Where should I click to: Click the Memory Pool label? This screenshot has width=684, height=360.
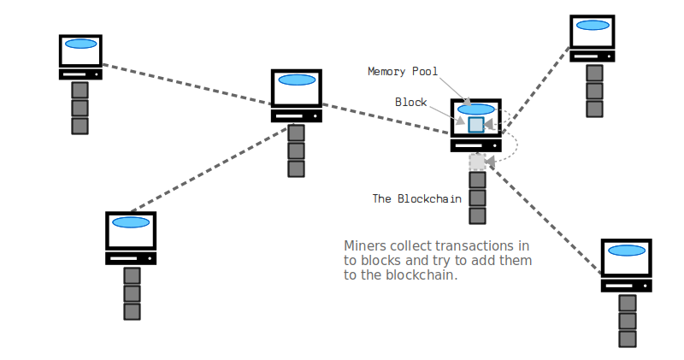point(402,71)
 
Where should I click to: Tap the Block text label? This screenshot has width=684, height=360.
point(410,102)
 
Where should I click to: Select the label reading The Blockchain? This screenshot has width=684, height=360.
point(416,198)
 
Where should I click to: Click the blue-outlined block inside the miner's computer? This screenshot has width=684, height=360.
point(476,124)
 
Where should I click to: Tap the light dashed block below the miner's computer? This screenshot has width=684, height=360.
point(477,161)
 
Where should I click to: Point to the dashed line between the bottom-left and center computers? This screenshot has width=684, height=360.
point(210,168)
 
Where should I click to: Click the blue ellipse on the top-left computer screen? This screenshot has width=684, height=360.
point(80,44)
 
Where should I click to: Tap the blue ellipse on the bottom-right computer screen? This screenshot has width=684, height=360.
point(626,251)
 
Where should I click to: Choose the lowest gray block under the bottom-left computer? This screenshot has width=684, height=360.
point(132,311)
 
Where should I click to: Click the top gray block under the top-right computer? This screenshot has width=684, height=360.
point(594,72)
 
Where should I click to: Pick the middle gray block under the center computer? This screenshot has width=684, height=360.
point(296,150)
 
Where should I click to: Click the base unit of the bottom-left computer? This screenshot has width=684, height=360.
point(131,257)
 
